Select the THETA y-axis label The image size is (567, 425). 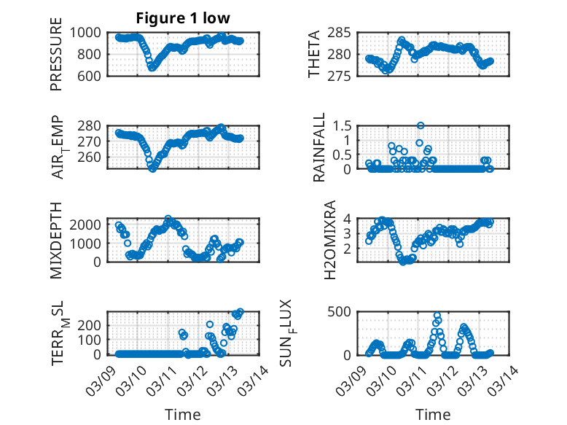pos(314,54)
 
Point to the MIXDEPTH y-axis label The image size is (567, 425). pos(57,240)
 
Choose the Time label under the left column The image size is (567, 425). pos(184,414)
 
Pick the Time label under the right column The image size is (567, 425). pos(433,414)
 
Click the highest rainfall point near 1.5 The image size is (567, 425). pos(421,125)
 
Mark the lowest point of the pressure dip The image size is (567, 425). pos(152,67)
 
